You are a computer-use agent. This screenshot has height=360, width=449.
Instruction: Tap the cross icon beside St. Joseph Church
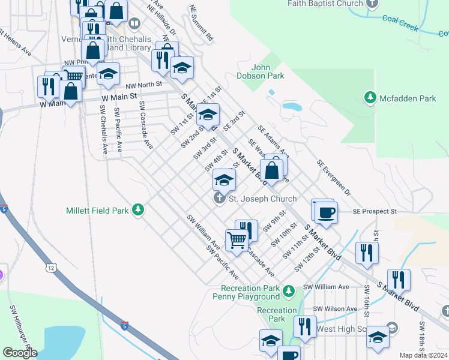click(x=220, y=199)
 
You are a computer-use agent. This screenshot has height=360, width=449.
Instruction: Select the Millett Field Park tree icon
click(x=139, y=209)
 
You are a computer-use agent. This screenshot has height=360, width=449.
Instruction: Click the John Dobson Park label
click(x=268, y=72)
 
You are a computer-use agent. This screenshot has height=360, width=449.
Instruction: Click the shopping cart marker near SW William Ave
click(x=237, y=241)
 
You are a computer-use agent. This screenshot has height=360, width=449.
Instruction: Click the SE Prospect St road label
click(x=375, y=212)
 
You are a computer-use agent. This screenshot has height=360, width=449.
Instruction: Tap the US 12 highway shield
click(x=49, y=265)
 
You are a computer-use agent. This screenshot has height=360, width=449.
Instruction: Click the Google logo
click(x=20, y=352)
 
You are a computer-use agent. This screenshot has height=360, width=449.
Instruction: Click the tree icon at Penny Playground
click(x=289, y=292)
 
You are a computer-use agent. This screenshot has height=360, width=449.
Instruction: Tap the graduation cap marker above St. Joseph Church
click(x=224, y=180)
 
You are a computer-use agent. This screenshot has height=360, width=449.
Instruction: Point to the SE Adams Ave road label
click(x=273, y=140)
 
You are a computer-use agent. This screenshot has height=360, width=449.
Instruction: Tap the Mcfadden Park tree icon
click(x=370, y=97)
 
